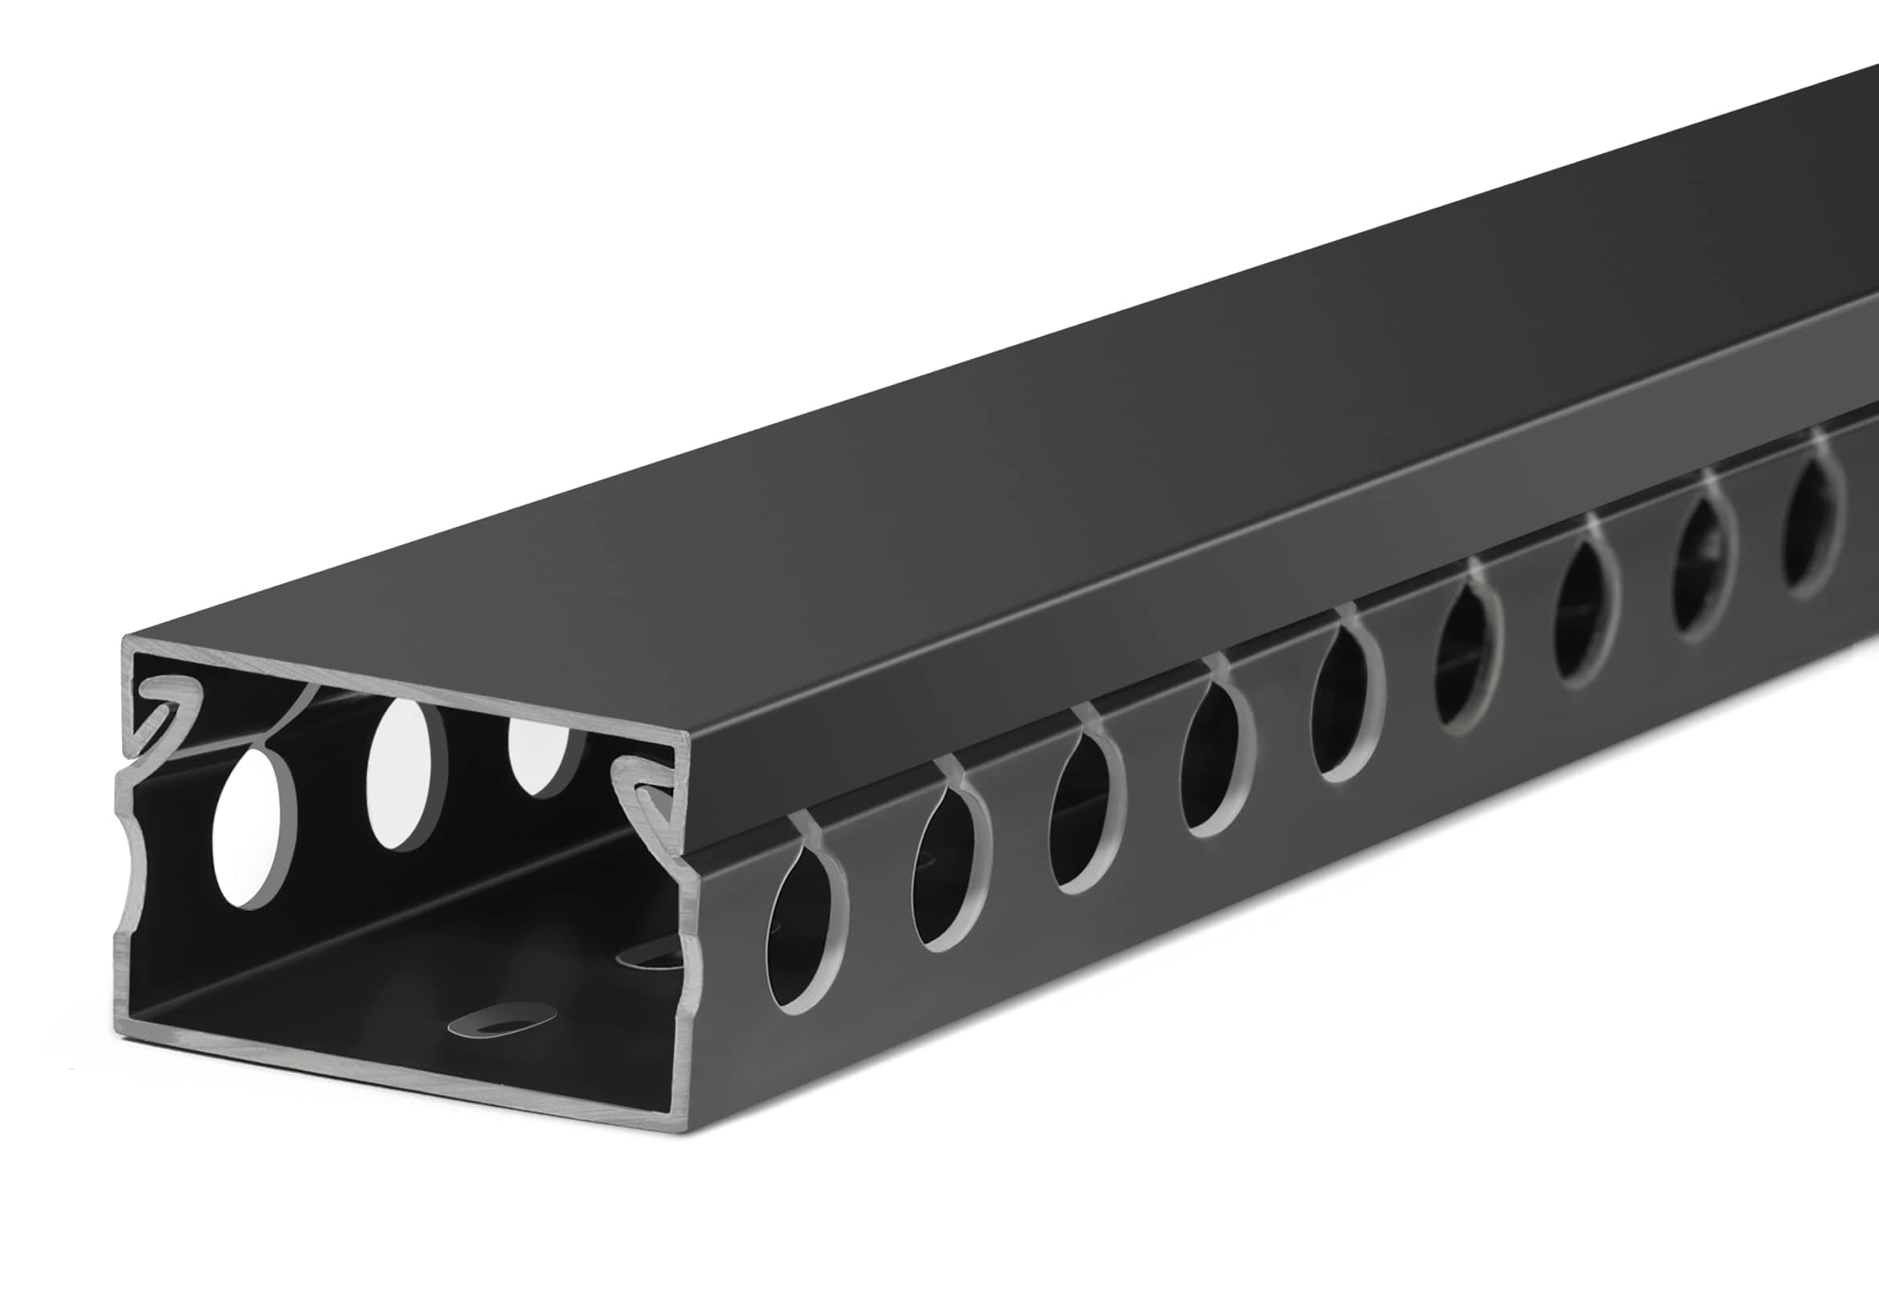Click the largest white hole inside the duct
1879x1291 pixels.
pyautogui.click(x=254, y=828)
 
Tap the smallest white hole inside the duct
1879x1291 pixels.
pyautogui.click(x=544, y=754)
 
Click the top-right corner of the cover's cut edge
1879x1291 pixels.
pyautogui.click(x=688, y=735)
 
